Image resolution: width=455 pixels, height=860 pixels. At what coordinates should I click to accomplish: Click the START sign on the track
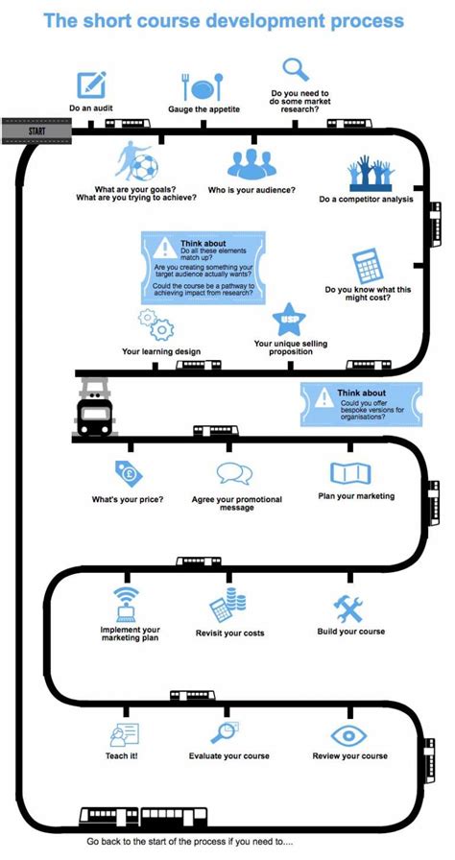tap(36, 131)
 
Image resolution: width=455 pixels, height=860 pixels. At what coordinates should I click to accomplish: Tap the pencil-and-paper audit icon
tap(91, 84)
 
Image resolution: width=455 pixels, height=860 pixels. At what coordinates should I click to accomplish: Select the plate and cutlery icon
tap(203, 86)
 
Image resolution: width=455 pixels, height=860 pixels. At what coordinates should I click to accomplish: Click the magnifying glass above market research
tap(296, 70)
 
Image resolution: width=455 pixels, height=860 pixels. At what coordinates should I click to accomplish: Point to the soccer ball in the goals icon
tap(145, 168)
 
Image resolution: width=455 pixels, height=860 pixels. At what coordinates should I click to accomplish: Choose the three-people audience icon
tap(251, 163)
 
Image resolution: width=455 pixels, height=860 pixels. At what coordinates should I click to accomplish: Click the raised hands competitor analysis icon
tap(371, 174)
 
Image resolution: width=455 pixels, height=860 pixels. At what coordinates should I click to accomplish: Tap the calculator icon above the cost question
tap(368, 266)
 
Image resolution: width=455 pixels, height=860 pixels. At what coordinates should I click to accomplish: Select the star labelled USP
tap(289, 320)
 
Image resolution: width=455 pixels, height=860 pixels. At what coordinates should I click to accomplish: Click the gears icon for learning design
tap(156, 324)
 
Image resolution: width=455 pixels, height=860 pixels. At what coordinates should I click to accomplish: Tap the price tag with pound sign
tap(129, 474)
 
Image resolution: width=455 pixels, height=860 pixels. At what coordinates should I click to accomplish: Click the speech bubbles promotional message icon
tap(234, 473)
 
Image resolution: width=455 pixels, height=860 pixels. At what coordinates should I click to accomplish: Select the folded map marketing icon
tap(350, 473)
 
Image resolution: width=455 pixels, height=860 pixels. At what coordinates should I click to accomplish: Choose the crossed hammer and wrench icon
tap(348, 609)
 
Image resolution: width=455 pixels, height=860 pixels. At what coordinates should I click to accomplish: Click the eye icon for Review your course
tap(349, 735)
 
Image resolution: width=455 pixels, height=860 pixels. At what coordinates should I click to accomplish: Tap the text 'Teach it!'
tap(122, 755)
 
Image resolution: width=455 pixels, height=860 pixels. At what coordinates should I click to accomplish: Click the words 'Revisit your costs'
tap(229, 633)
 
